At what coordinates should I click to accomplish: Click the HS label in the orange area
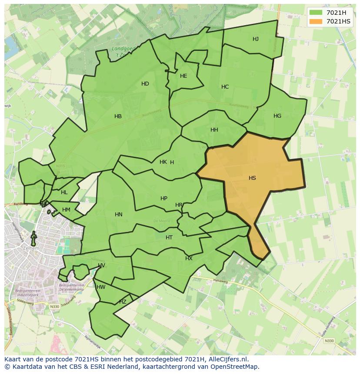point(252,178)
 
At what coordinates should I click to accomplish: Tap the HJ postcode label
point(256,39)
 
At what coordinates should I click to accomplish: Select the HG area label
point(277,116)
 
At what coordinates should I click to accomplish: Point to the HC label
point(225,87)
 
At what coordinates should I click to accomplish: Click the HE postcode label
point(183,76)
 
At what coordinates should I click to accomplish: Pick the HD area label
point(145,84)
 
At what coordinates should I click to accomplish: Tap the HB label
point(118,116)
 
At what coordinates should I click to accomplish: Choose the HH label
point(214,130)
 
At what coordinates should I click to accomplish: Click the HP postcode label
point(164,199)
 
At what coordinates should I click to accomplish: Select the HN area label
point(119,215)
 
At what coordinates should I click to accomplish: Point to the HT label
point(169,238)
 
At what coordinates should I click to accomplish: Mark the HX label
point(189,258)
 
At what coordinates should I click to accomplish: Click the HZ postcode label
point(123,302)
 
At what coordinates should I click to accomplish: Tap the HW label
point(101,287)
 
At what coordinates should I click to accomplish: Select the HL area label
point(64,192)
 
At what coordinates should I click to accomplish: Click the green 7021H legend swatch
point(316,13)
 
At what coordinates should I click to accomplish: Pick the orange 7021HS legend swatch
point(316,21)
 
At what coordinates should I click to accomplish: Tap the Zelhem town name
point(31,248)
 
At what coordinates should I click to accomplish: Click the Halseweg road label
point(220,281)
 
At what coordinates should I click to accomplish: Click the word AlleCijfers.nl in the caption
point(227,359)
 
